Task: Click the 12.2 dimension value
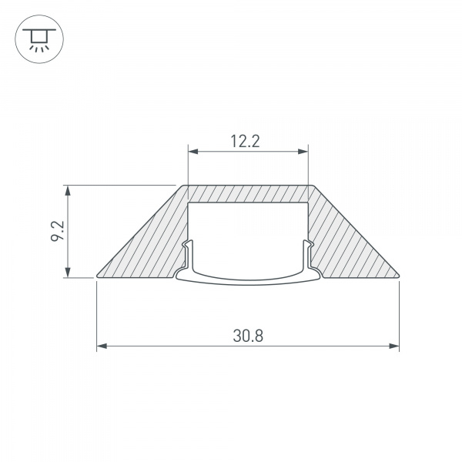pyautogui.click(x=248, y=140)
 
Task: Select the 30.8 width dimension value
pyautogui.click(x=248, y=336)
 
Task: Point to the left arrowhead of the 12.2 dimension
pyautogui.click(x=192, y=152)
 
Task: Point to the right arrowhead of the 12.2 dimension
pyautogui.click(x=304, y=152)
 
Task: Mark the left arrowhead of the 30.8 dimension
pyautogui.click(x=101, y=347)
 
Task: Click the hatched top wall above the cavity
pyautogui.click(x=248, y=193)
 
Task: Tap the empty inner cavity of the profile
pyautogui.click(x=248, y=231)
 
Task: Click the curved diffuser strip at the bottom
pyautogui.click(x=248, y=280)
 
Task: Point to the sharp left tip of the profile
pyautogui.click(x=98, y=275)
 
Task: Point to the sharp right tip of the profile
pyautogui.click(x=399, y=275)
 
